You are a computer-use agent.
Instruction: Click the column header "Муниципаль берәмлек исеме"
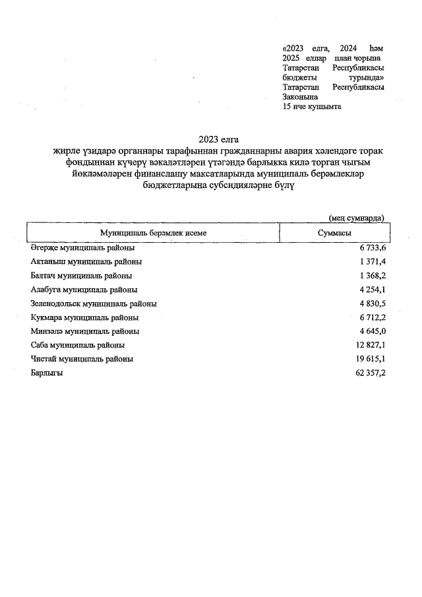coord(152,234)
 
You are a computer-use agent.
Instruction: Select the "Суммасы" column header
coord(334,234)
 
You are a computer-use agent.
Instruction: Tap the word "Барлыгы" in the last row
coord(47,373)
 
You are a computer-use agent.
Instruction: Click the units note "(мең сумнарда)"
coord(356,218)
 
